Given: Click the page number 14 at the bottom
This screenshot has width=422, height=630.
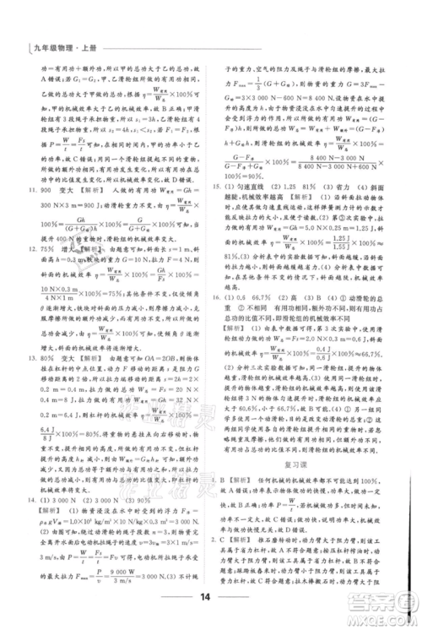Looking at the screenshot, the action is pos(210,600).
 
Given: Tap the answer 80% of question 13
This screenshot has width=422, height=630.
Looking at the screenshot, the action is pos(51,356).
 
